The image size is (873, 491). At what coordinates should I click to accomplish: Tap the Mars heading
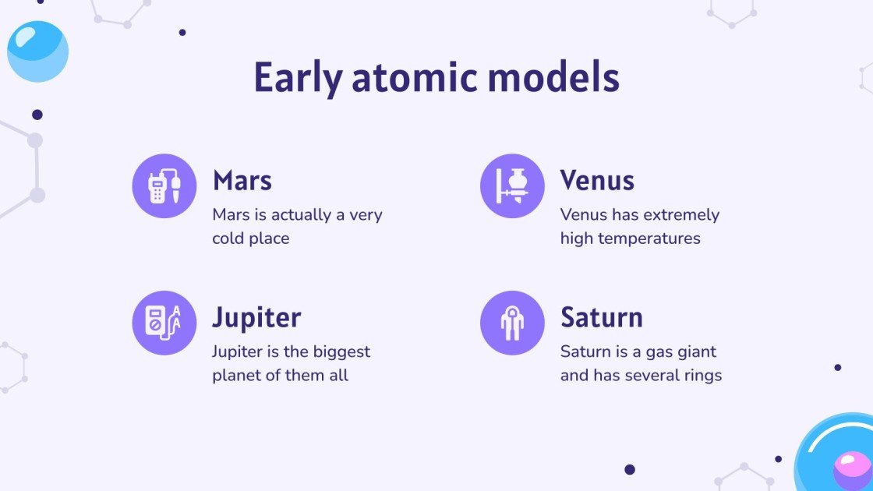click(242, 181)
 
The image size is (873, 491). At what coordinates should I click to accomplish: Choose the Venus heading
click(597, 181)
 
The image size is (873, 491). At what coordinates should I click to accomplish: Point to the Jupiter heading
click(256, 318)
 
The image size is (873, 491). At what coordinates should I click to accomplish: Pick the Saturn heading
click(602, 318)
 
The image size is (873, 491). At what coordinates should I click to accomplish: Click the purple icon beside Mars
click(164, 185)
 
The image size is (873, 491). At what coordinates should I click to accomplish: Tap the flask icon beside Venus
click(512, 185)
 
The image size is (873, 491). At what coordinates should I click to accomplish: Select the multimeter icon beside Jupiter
click(164, 323)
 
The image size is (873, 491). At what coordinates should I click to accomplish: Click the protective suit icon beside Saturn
click(512, 323)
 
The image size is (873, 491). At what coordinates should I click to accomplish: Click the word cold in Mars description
click(228, 238)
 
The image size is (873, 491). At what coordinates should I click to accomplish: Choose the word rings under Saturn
click(701, 376)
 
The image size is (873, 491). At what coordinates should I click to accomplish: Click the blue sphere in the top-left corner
click(37, 51)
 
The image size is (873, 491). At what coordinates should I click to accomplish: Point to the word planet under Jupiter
click(236, 376)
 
